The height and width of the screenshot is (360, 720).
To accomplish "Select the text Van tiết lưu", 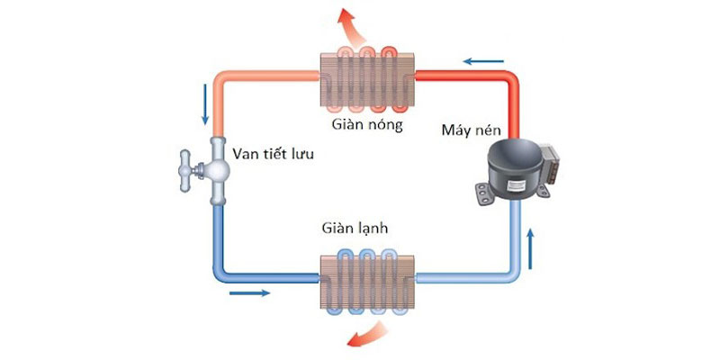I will pyautogui.click(x=277, y=154).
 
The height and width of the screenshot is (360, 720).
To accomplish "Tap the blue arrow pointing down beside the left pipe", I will pyautogui.click(x=203, y=106).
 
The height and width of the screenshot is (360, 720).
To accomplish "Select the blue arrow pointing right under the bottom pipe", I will pyautogui.click(x=249, y=292).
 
